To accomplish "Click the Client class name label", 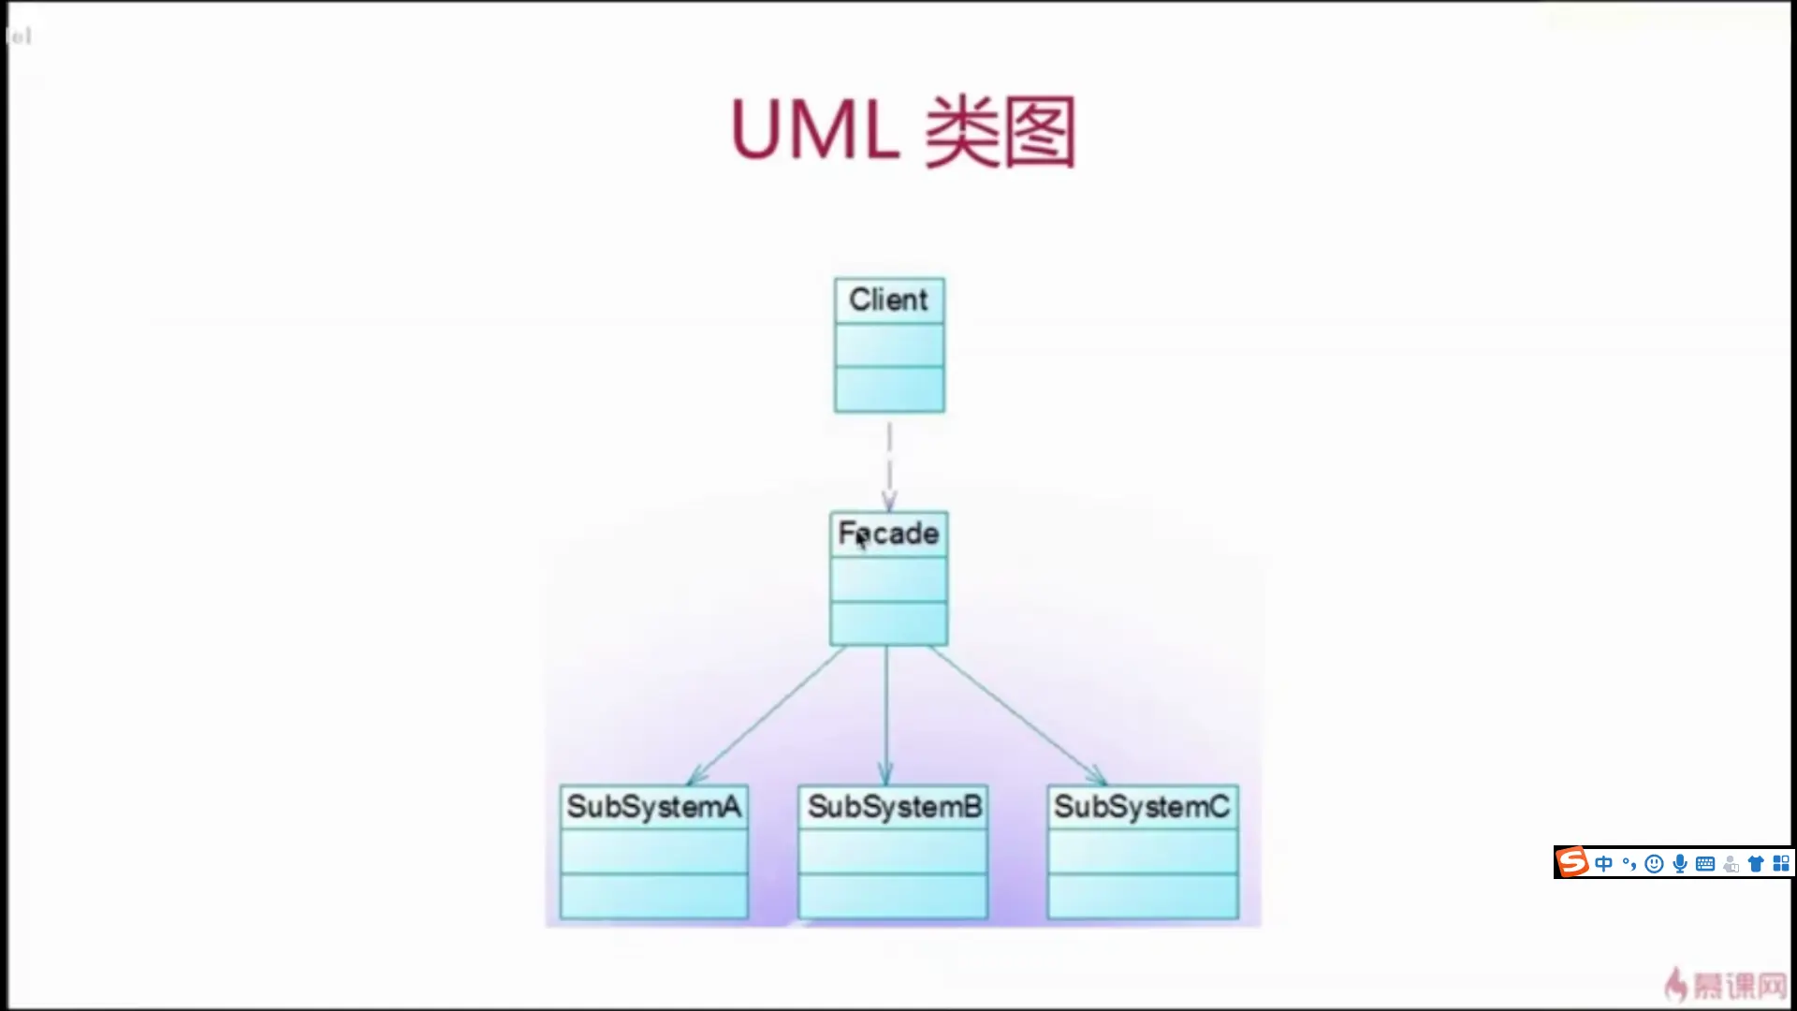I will coord(888,300).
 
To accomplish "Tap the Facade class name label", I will coord(889,534).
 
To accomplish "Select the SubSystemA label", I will coord(653,807).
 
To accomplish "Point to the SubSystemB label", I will coord(895,807).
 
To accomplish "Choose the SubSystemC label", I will coord(1142,807).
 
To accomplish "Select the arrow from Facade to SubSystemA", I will coord(767,716).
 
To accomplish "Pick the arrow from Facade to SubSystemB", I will coord(886,716).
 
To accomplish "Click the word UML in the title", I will coord(814,131).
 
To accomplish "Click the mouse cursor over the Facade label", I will coord(861,540).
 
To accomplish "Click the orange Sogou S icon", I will coord(1572,862).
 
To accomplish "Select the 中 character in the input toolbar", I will coord(1604,863).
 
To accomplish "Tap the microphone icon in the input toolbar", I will coord(1680,863).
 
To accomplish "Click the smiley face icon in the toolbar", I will coord(1654,863).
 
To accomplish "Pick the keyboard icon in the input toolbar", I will coord(1705,863).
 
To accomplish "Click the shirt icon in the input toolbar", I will coord(1756,863).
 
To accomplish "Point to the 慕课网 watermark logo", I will coord(1727,985).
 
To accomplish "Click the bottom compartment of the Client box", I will coord(889,389).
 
